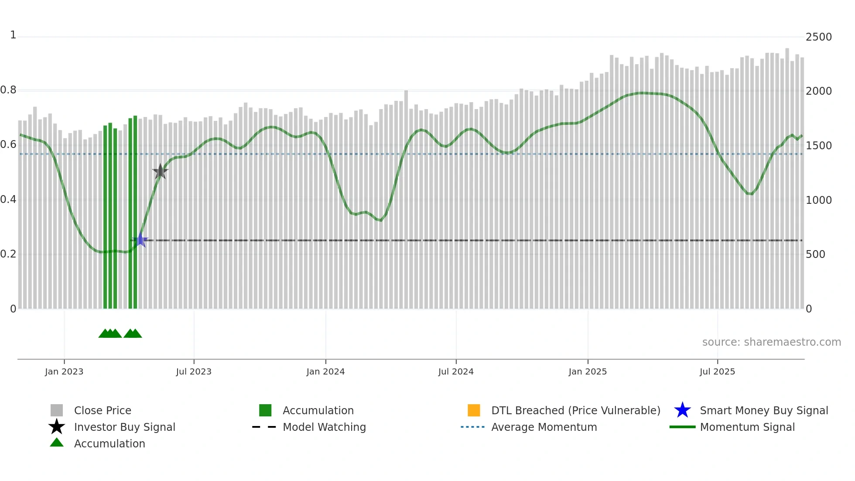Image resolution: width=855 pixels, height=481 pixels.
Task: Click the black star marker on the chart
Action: pyautogui.click(x=160, y=172)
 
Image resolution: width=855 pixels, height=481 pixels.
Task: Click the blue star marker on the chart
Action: pyautogui.click(x=140, y=240)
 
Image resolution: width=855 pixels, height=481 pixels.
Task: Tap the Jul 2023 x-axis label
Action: pyautogui.click(x=194, y=371)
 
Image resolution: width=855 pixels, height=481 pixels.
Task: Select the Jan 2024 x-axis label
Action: pyautogui.click(x=325, y=371)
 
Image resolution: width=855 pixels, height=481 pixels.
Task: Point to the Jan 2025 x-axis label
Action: pyautogui.click(x=588, y=371)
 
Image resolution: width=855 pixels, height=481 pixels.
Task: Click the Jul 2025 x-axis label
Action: pyautogui.click(x=717, y=371)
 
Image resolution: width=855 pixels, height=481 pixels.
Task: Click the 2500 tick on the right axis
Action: pyautogui.click(x=818, y=37)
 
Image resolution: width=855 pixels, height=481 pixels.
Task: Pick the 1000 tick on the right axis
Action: pyautogui.click(x=818, y=200)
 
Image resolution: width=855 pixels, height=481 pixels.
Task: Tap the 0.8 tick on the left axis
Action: pyautogui.click(x=8, y=90)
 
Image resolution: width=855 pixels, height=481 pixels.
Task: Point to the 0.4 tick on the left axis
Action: pyautogui.click(x=8, y=199)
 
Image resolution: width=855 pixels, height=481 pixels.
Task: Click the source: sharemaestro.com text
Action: pyautogui.click(x=771, y=342)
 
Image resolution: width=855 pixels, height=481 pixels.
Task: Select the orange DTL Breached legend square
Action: pyautogui.click(x=474, y=410)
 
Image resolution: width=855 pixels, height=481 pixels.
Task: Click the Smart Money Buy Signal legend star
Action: pyautogui.click(x=682, y=410)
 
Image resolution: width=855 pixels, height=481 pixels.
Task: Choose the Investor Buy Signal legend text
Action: pyautogui.click(x=124, y=427)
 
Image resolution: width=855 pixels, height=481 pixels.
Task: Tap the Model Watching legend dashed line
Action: pyautogui.click(x=264, y=427)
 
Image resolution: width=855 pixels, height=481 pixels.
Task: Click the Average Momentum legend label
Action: pyautogui.click(x=544, y=427)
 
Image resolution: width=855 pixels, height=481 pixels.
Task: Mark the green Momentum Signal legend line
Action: pyautogui.click(x=682, y=427)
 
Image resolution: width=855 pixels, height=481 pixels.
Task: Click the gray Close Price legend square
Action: pyautogui.click(x=57, y=410)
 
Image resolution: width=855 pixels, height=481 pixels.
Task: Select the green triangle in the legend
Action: pyautogui.click(x=57, y=443)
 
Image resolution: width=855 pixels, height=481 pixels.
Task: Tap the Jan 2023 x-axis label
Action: pyautogui.click(x=64, y=371)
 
